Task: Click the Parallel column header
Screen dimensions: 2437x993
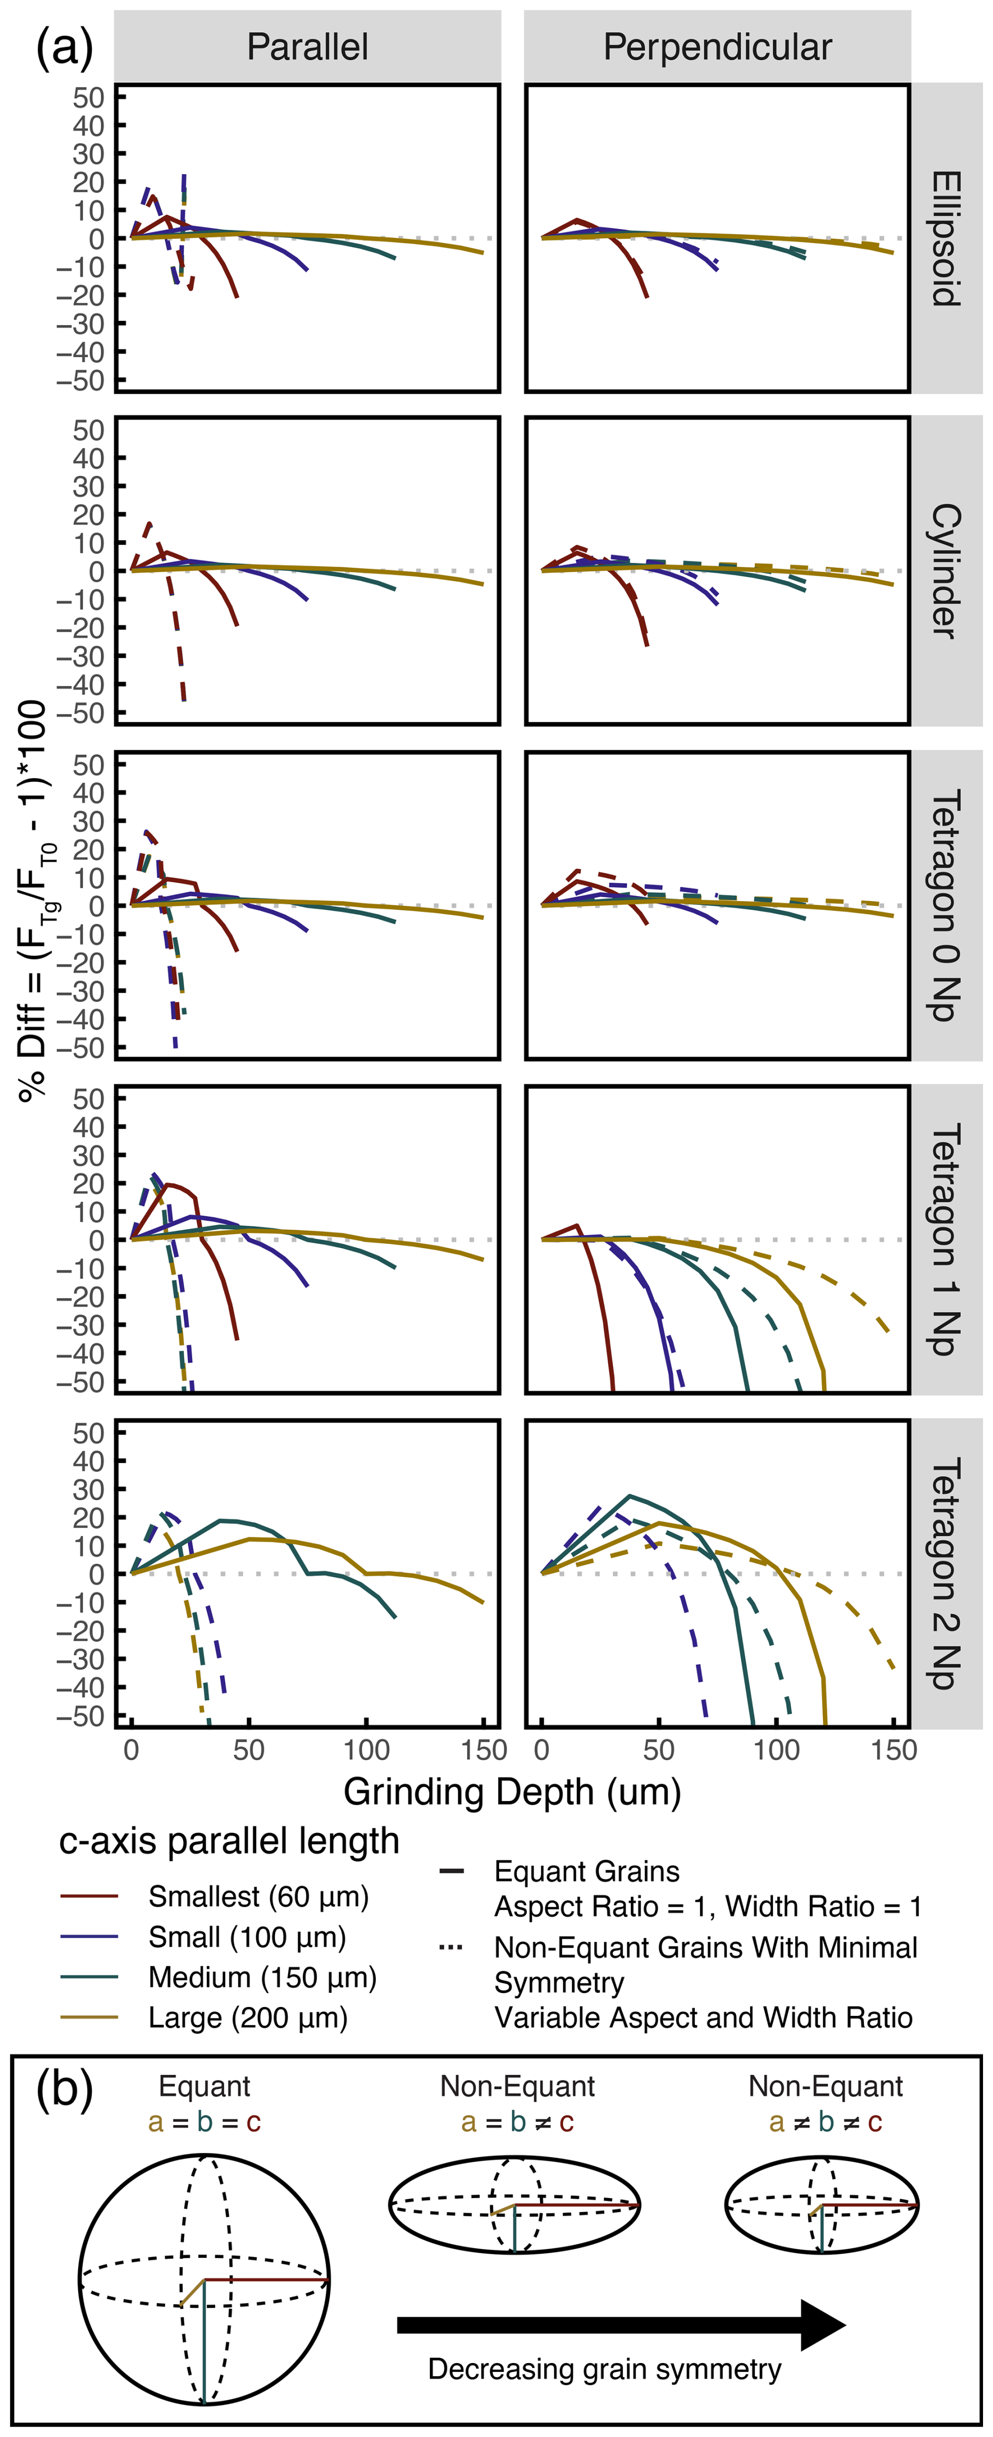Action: pos(308,46)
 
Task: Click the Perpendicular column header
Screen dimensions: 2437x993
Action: pos(718,46)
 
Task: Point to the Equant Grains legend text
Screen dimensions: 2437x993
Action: pos(586,1871)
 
